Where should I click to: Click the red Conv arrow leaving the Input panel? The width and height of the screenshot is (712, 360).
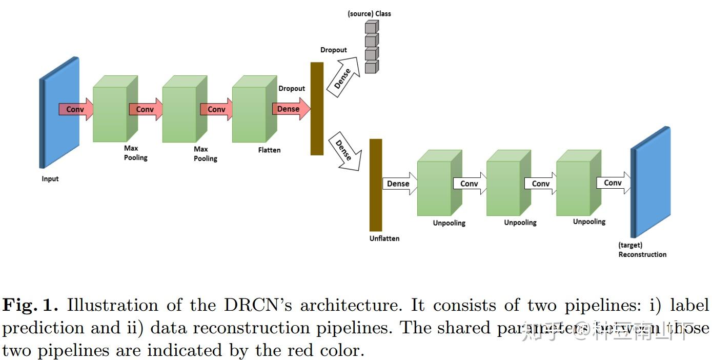(x=76, y=109)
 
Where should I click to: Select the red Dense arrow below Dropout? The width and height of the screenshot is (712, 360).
(x=290, y=109)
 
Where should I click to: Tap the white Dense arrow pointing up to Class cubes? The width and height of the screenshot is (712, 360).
(x=344, y=77)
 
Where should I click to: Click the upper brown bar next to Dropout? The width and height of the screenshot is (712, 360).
(x=317, y=108)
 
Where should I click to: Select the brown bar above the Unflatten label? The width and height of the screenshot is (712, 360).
(x=376, y=185)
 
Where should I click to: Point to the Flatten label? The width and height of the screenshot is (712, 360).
(x=269, y=150)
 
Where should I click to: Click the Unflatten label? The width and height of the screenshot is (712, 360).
(x=384, y=238)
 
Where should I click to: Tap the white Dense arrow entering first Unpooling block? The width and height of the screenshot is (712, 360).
(x=399, y=184)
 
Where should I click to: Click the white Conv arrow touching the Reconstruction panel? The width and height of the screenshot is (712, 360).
(x=613, y=183)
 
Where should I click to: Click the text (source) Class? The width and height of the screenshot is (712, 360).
(x=369, y=14)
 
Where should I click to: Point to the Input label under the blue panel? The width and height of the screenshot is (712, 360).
(x=50, y=179)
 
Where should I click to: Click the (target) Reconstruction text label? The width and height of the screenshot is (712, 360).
(x=642, y=250)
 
